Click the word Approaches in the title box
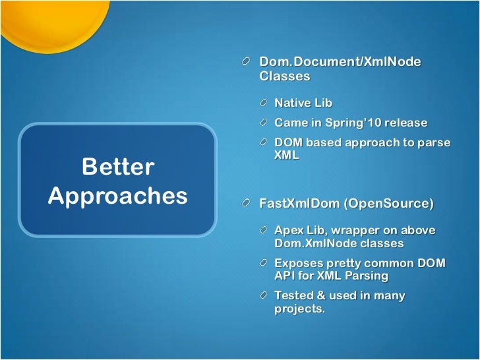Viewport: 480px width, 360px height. (117, 196)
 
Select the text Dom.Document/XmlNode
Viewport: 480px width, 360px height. (340, 61)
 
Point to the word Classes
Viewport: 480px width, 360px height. (284, 76)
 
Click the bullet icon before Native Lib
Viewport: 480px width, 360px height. (264, 104)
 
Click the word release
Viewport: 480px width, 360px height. (402, 123)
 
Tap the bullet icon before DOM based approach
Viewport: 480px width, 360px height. (264, 142)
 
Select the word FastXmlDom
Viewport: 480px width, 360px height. (299, 204)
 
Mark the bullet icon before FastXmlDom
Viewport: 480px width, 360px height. (247, 204)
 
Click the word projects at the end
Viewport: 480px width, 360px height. (299, 309)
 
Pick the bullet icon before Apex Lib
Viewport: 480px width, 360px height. (264, 230)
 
